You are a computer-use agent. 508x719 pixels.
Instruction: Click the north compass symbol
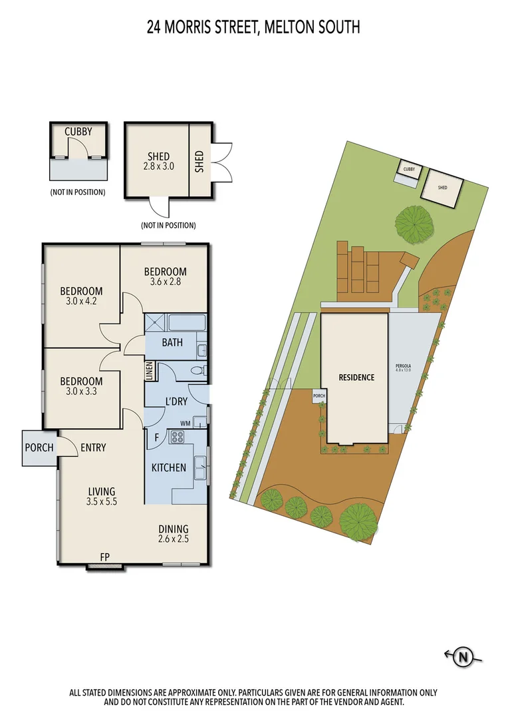pyautogui.click(x=463, y=658)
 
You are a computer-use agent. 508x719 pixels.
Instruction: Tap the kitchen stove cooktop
pyautogui.click(x=179, y=437)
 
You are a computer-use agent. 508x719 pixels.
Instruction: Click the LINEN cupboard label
pyautogui.click(x=150, y=371)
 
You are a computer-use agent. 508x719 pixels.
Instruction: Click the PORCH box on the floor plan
pyautogui.click(x=39, y=447)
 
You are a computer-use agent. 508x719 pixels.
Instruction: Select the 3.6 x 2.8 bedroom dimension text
pyautogui.click(x=166, y=282)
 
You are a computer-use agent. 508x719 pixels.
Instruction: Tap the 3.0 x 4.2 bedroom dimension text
pyautogui.click(x=81, y=302)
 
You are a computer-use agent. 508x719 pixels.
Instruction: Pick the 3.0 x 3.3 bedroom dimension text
pyautogui.click(x=81, y=392)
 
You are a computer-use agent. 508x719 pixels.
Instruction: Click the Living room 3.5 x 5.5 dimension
pyautogui.click(x=102, y=503)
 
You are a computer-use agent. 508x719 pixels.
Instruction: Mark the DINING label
pyautogui.click(x=173, y=529)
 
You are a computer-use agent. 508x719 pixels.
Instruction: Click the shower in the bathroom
pyautogui.click(x=157, y=324)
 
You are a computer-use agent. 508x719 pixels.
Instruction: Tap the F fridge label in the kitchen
pyautogui.click(x=156, y=438)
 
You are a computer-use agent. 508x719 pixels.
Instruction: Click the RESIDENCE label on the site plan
pyautogui.click(x=356, y=377)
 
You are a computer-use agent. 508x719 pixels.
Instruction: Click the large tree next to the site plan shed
pyautogui.click(x=413, y=224)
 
